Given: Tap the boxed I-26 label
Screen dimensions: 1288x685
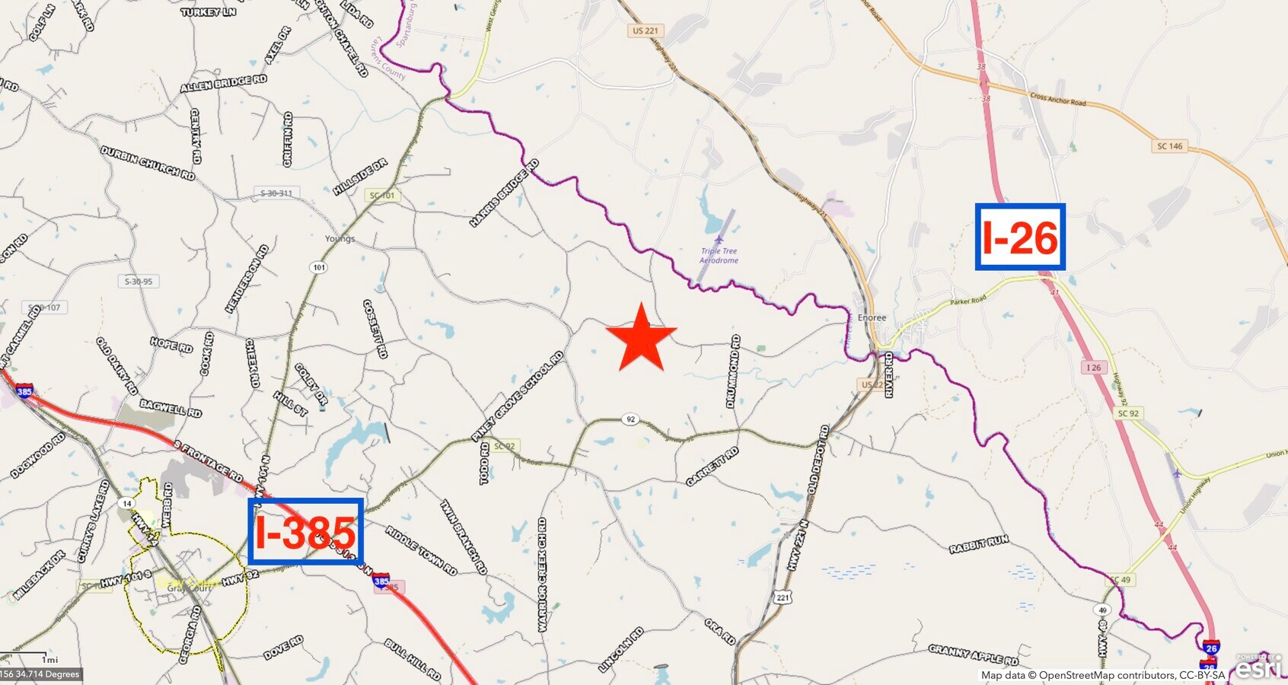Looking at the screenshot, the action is point(1020,237).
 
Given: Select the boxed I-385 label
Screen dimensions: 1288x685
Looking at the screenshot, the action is point(305,531).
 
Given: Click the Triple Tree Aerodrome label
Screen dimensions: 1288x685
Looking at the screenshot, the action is point(719,255).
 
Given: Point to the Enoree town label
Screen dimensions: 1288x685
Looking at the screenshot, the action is point(872,317).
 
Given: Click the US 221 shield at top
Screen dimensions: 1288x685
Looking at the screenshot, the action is point(645,31).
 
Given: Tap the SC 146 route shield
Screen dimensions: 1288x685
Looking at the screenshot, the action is point(1170,146).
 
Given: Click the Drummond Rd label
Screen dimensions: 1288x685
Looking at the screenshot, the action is point(733,371).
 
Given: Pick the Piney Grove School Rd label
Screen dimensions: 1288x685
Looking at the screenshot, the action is point(518,397).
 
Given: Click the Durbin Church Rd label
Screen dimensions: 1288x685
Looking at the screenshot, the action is point(148,162).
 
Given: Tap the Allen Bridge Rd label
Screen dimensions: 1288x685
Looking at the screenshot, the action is point(223,83).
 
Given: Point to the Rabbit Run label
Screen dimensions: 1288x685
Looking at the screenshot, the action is point(978,544).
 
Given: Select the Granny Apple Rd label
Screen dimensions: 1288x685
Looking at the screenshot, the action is point(973,653).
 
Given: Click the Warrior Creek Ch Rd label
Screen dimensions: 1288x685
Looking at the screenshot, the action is point(542,575).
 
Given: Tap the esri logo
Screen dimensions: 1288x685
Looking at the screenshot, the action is point(1259,667).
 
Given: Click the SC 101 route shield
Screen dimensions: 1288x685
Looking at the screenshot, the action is point(382,196).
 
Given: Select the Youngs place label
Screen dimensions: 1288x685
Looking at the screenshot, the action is point(340,238).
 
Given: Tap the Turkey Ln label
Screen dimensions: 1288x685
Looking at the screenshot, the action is point(208,12).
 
